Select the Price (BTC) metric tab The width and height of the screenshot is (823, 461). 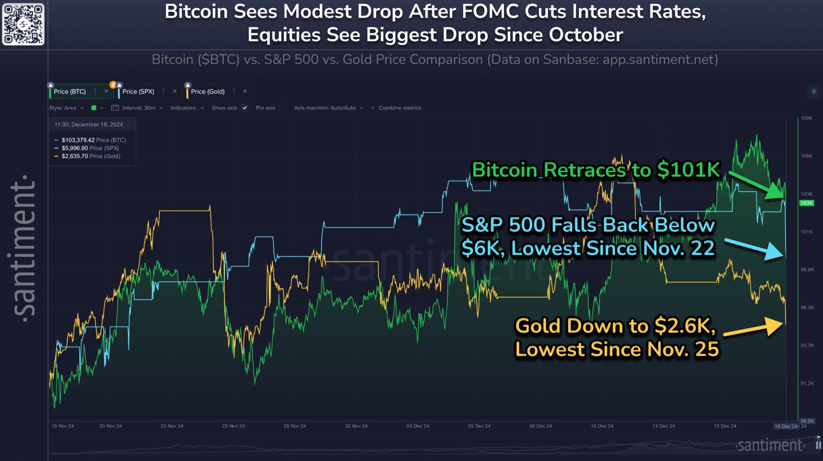click(x=70, y=92)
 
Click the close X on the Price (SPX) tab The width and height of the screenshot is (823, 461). click(x=175, y=91)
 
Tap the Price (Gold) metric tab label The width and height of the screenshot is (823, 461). click(x=208, y=92)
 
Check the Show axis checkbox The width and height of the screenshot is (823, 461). click(x=245, y=108)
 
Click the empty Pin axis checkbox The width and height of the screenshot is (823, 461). click(x=283, y=108)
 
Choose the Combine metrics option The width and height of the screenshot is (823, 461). click(x=399, y=108)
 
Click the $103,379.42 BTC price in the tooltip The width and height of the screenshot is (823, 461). click(x=78, y=140)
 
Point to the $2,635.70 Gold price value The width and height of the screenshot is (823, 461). click(x=75, y=156)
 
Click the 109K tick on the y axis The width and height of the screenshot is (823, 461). click(x=807, y=118)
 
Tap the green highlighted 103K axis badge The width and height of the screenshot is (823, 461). click(x=806, y=203)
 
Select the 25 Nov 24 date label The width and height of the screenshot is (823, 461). click(x=233, y=426)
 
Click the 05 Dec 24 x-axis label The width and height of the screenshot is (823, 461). click(x=479, y=426)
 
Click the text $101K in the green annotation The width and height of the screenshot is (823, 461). click(x=688, y=170)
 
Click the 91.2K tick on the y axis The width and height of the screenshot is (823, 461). click(x=807, y=384)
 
